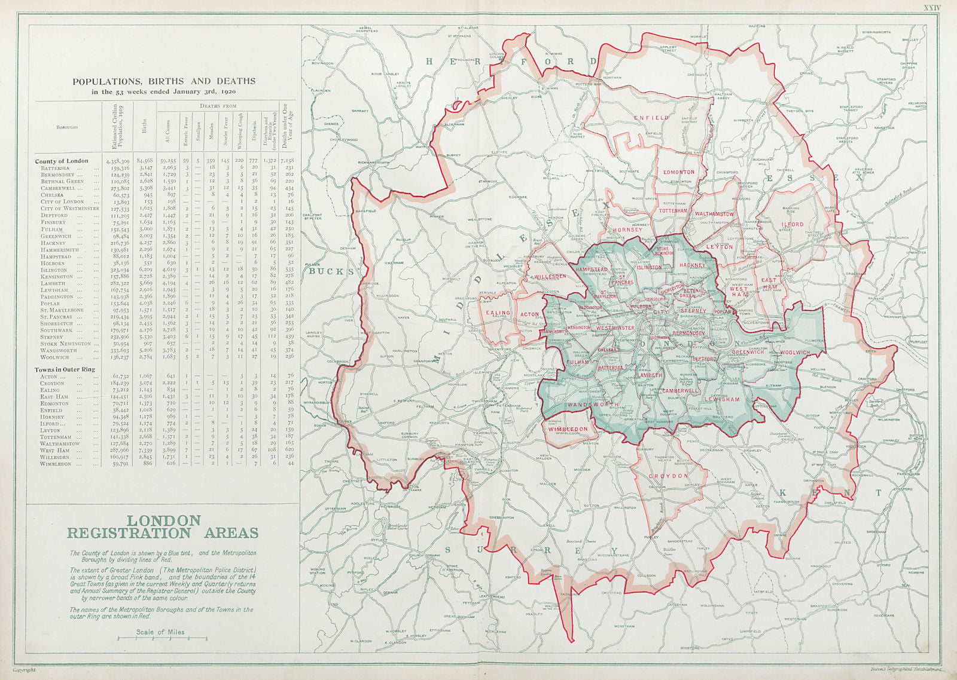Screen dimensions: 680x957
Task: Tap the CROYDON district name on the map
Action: [x=668, y=476]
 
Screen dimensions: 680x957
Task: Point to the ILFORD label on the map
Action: [x=793, y=225]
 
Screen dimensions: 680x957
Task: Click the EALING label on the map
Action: [x=498, y=313]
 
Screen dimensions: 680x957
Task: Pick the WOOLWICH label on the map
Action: [x=795, y=353]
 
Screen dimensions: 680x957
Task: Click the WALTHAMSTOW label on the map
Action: [x=714, y=213]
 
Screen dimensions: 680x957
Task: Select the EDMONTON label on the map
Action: [x=679, y=172]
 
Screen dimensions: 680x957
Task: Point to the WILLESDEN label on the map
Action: [x=550, y=277]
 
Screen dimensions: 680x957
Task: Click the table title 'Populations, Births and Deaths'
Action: [x=164, y=81]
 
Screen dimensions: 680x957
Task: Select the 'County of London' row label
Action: [x=62, y=161]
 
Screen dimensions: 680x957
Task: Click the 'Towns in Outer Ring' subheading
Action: [x=65, y=370]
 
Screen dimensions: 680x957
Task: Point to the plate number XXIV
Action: [x=932, y=7]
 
